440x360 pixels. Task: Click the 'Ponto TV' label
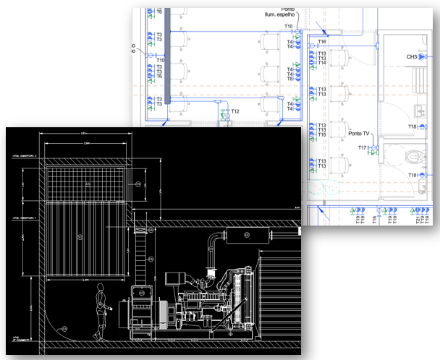click(360, 134)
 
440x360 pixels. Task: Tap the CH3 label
click(412, 56)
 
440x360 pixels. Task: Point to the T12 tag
click(235, 111)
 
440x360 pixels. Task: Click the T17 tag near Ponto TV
click(363, 147)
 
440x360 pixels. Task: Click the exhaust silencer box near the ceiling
click(246, 234)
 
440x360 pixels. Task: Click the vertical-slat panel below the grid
click(88, 239)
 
